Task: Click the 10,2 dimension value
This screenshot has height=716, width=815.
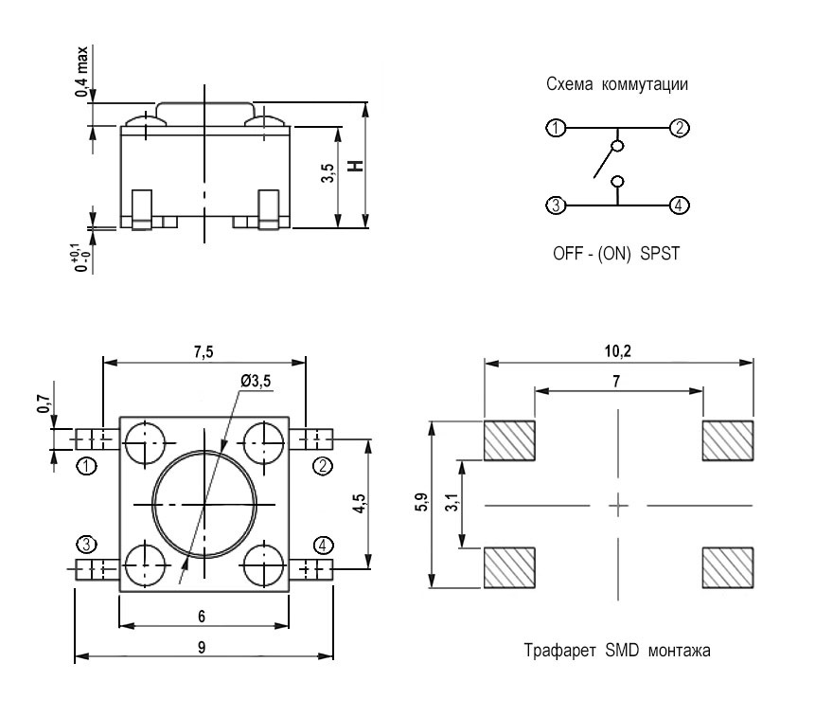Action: tap(619, 351)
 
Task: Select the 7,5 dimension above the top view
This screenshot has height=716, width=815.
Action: tap(204, 351)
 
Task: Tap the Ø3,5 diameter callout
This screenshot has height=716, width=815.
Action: tap(256, 381)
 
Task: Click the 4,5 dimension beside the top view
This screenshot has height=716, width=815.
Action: tap(355, 504)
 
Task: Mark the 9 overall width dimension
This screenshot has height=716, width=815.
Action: tap(204, 646)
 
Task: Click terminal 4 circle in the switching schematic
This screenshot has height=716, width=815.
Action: tap(678, 205)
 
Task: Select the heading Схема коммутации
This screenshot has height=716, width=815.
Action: tap(616, 83)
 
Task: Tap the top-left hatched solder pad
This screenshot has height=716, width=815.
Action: tap(509, 440)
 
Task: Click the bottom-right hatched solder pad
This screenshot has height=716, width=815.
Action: tap(727, 568)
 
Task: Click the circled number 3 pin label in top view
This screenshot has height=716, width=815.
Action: tap(87, 544)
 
